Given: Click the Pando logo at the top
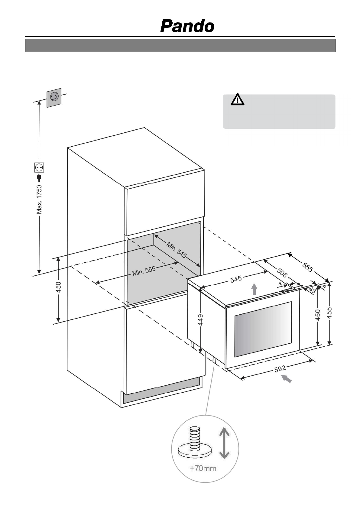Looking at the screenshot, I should [187, 26].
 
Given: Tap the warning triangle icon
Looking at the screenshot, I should [238, 99].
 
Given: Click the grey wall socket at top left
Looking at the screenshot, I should [54, 97].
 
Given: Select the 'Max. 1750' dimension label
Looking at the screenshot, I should [39, 199].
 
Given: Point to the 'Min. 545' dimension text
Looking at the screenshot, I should [176, 250].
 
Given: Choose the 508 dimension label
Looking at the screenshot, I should [282, 273].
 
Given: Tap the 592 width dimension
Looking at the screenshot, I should [280, 369].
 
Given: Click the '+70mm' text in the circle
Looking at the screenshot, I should [203, 468].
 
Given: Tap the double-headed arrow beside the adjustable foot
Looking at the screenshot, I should [224, 443].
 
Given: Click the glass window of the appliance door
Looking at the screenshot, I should [263, 329].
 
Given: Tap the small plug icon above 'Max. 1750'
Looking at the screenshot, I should [39, 177].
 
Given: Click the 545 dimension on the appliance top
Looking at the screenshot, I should [236, 279].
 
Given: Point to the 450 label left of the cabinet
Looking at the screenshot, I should [59, 287].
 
